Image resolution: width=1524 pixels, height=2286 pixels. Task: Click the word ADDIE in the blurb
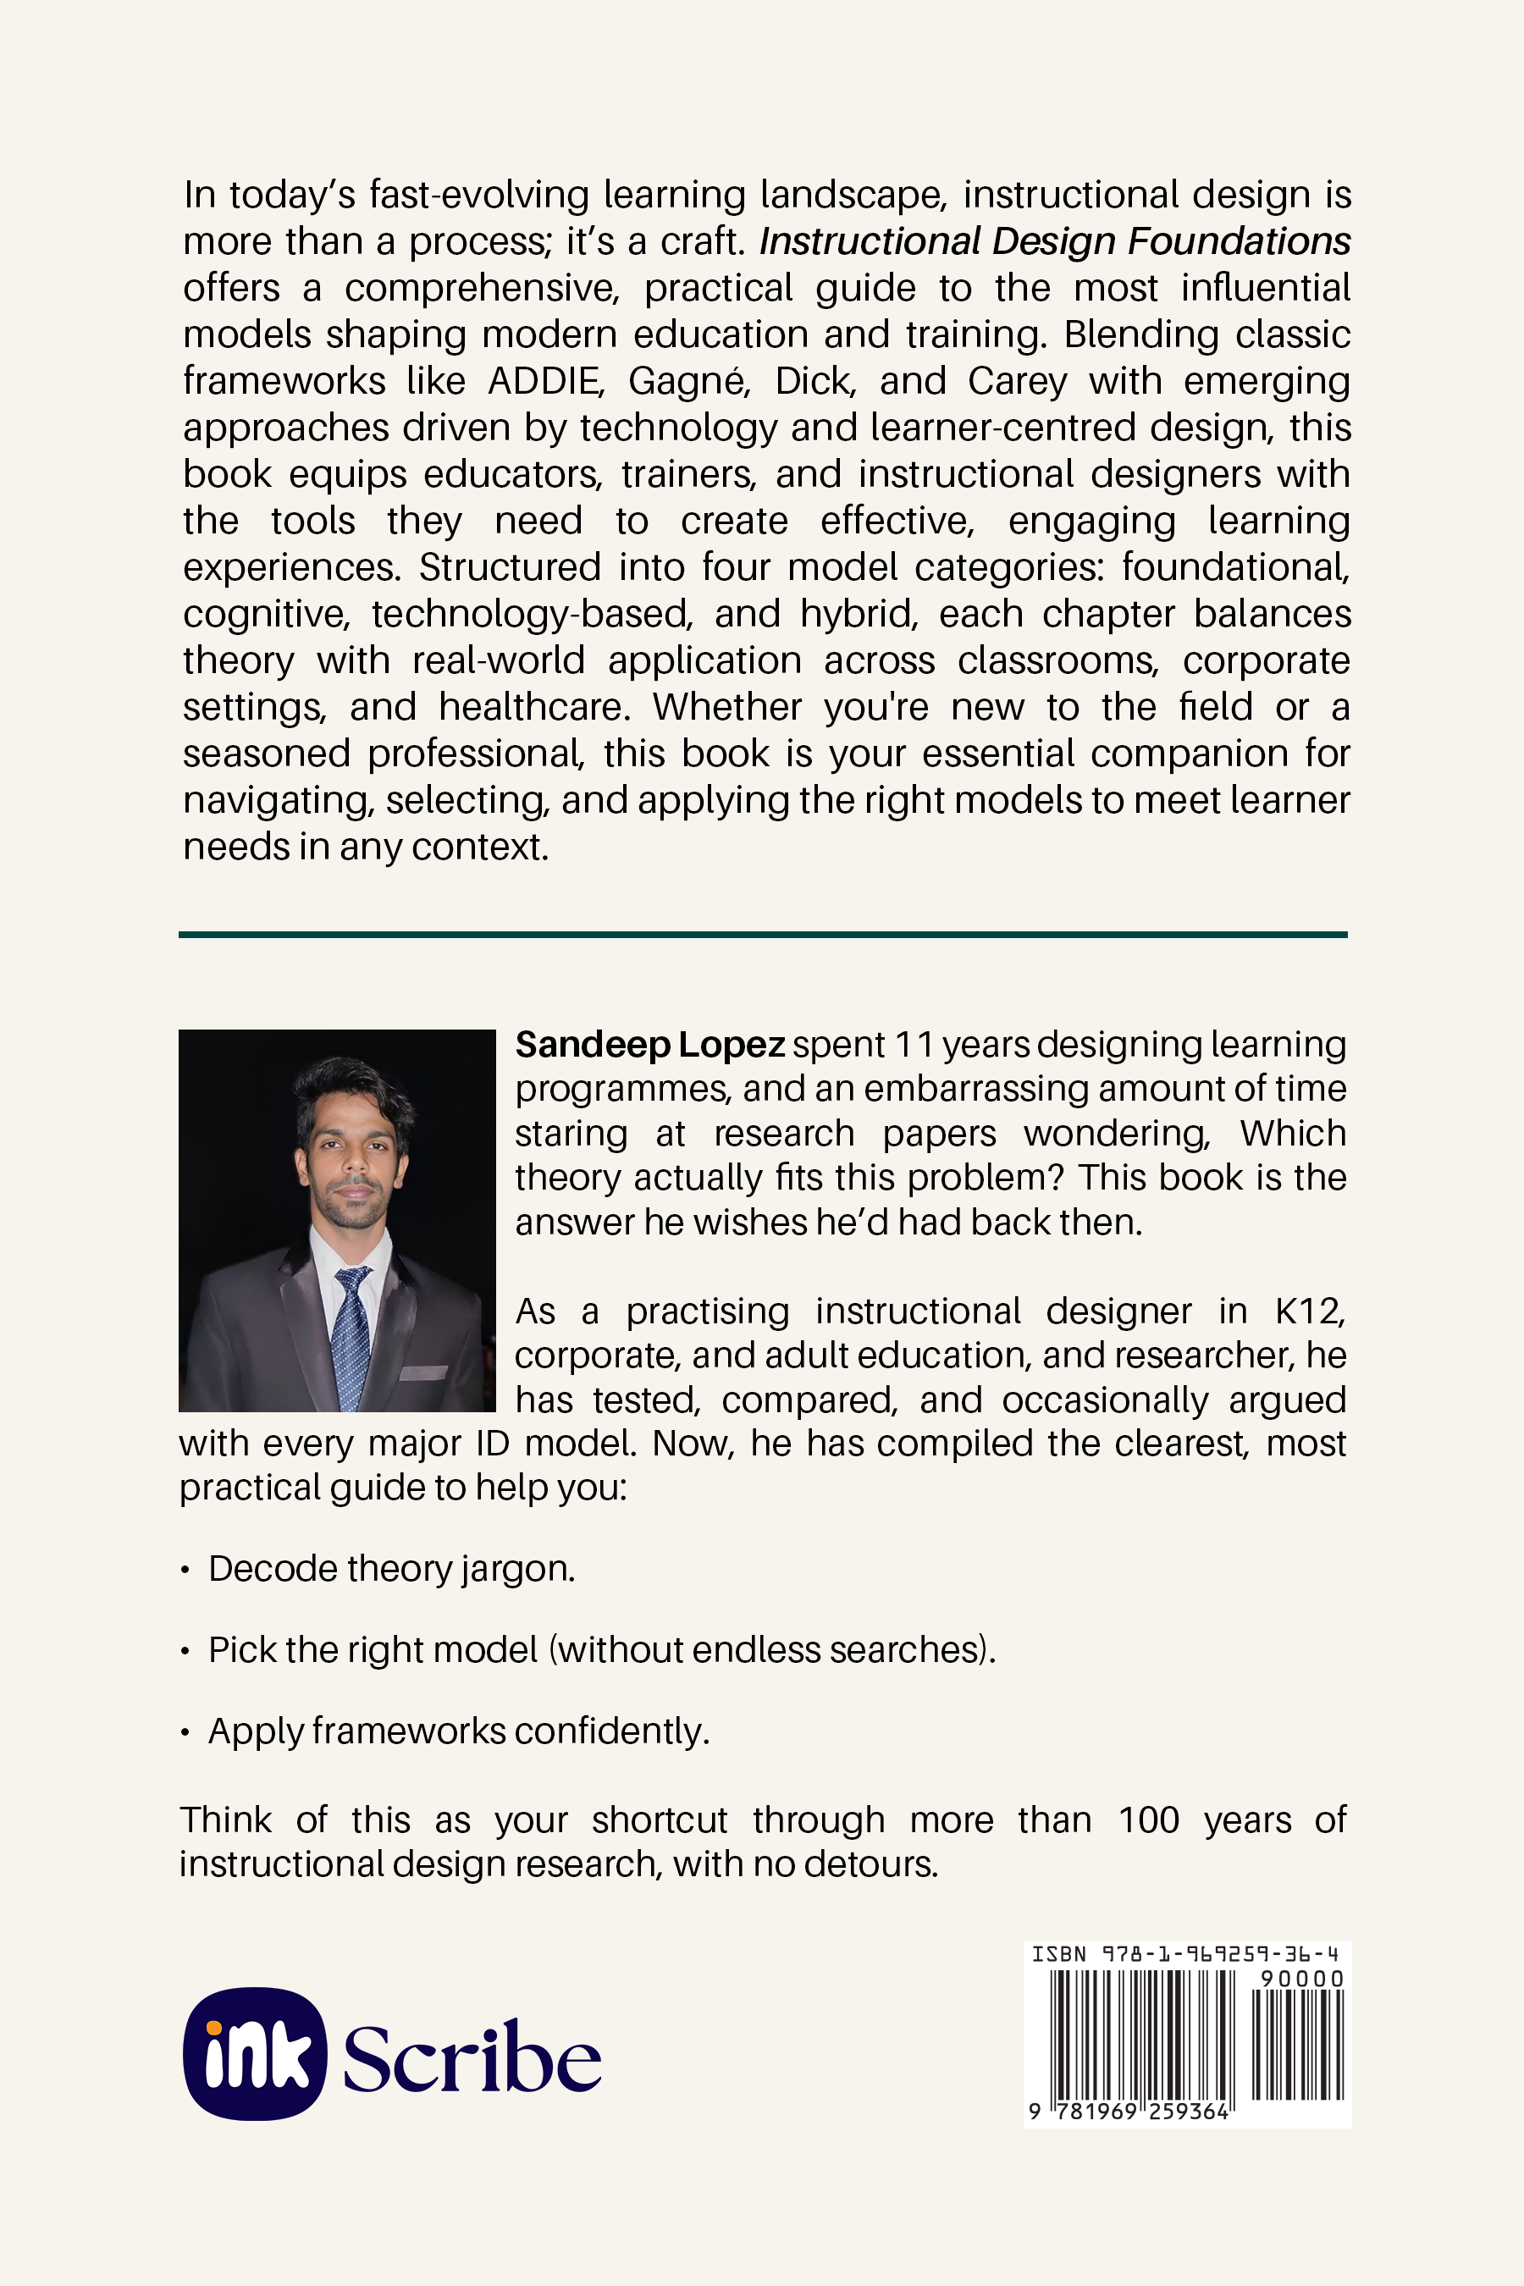pyautogui.click(x=545, y=381)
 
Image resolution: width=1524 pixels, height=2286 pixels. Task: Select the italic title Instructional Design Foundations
pyautogui.click(x=1055, y=241)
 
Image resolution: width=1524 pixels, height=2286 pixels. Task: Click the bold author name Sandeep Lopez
pyautogui.click(x=649, y=1045)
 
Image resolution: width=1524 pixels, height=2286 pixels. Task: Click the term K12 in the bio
pyautogui.click(x=1309, y=1311)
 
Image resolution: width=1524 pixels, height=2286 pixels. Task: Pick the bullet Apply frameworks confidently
pyautogui.click(x=459, y=1731)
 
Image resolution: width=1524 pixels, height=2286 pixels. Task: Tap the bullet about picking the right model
pyautogui.click(x=602, y=1649)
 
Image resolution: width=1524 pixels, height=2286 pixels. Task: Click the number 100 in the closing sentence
pyautogui.click(x=1148, y=1819)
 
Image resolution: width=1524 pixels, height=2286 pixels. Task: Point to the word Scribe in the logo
pyautogui.click(x=472, y=2058)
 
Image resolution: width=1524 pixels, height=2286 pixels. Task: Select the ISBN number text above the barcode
pyautogui.click(x=1184, y=1953)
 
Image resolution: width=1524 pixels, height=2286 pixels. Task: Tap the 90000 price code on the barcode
pyautogui.click(x=1301, y=1979)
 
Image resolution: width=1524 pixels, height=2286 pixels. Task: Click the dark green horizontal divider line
pyautogui.click(x=763, y=935)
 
